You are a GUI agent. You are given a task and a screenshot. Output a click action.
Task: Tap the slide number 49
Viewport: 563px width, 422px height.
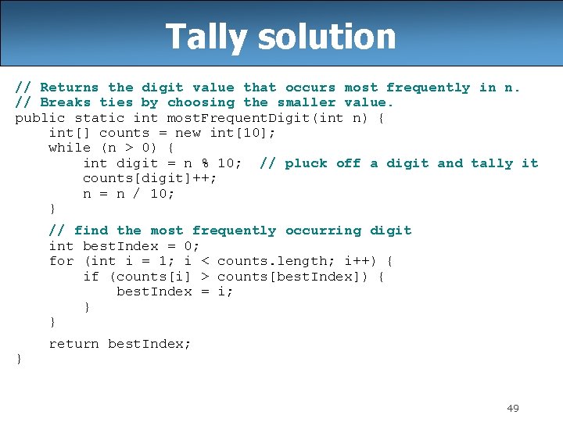point(513,408)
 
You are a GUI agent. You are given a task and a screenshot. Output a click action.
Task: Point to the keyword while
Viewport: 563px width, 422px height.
point(70,148)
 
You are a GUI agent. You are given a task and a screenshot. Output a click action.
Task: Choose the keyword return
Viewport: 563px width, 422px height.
point(74,344)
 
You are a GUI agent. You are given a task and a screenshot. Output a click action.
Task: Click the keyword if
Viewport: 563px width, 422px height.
point(91,276)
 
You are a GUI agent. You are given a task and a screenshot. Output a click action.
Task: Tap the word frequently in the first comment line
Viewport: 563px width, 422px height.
point(428,88)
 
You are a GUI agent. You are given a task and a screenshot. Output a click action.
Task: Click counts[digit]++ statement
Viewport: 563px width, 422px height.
point(150,178)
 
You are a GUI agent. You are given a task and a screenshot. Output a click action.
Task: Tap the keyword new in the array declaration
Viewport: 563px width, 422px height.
point(192,133)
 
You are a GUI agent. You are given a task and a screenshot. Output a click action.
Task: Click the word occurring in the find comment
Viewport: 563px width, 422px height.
point(323,231)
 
